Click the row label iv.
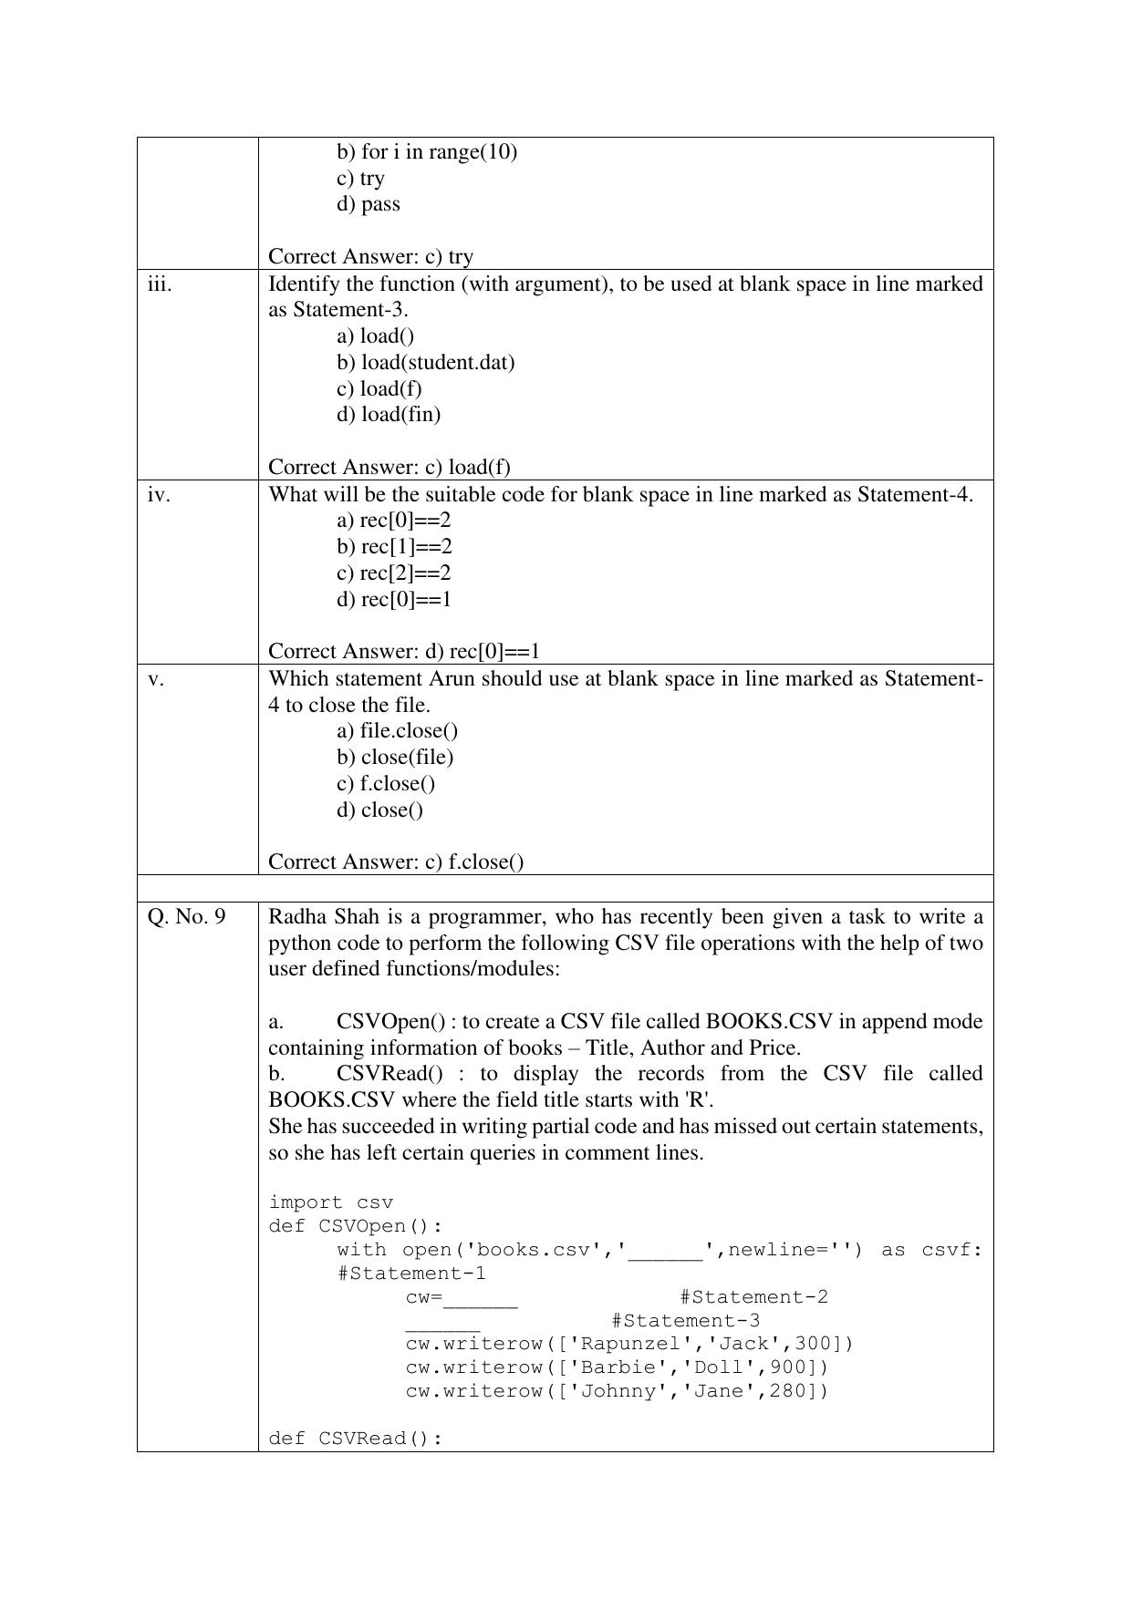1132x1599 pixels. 159,495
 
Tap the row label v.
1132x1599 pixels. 156,679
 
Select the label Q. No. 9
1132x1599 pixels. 186,917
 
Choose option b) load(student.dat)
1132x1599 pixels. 425,363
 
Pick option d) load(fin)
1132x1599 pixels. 389,415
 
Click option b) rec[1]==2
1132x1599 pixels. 394,547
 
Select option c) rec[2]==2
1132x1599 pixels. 393,573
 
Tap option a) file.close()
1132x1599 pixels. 397,731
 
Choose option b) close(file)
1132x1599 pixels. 395,758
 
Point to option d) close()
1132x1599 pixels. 379,810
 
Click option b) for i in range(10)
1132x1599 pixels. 426,152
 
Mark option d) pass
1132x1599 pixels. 368,204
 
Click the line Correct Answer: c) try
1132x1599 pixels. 370,257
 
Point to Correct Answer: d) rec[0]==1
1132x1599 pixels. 404,652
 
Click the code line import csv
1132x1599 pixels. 330,1202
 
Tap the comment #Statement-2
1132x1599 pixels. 753,1297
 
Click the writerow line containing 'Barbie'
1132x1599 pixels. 617,1367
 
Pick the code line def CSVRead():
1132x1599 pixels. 355,1439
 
